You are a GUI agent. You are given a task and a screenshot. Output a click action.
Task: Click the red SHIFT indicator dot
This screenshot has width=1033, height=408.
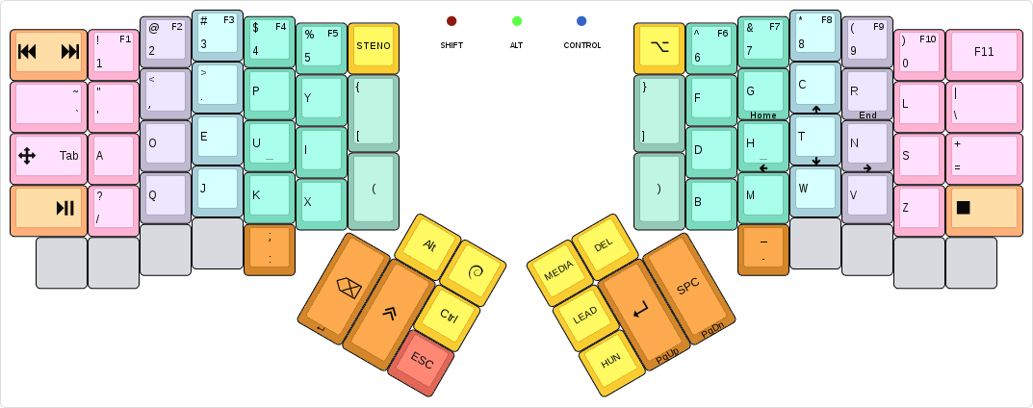[x=452, y=21]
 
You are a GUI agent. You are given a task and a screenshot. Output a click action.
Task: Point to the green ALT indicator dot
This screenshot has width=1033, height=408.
[x=517, y=21]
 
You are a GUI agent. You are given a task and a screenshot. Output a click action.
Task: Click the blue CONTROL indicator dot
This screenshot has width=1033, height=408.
[x=581, y=21]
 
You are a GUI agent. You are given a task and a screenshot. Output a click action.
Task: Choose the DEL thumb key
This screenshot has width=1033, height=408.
[x=603, y=245]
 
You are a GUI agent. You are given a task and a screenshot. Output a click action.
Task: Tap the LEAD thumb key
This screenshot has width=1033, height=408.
[x=584, y=316]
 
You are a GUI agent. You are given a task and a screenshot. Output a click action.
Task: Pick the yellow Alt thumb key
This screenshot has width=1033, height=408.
[x=429, y=245]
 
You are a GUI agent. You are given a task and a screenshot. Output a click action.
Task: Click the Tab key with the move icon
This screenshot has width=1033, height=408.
[x=48, y=156]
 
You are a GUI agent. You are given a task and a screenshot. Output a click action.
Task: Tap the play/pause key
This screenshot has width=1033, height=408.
[x=48, y=208]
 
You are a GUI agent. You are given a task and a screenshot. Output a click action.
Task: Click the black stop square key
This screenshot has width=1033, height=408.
[x=983, y=208]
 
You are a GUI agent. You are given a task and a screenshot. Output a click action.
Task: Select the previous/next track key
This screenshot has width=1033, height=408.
[x=48, y=52]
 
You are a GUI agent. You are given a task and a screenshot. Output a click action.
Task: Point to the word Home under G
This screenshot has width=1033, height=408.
[x=763, y=115]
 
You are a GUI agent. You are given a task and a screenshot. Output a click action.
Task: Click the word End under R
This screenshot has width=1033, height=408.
[x=867, y=115]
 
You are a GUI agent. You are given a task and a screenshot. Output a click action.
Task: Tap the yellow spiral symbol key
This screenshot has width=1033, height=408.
[x=474, y=273]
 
